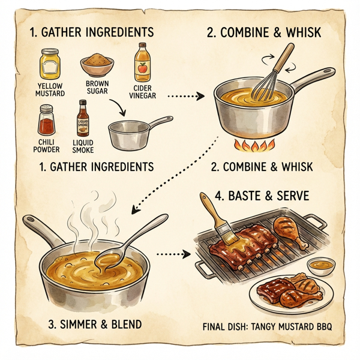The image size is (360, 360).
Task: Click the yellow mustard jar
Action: pos(49,64)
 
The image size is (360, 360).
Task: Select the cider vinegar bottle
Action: pos(142,62)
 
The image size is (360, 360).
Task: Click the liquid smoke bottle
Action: pos(83,120)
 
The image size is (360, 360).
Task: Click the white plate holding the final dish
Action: pos(291,294)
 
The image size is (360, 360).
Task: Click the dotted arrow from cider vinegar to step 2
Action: pos(187,95)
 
